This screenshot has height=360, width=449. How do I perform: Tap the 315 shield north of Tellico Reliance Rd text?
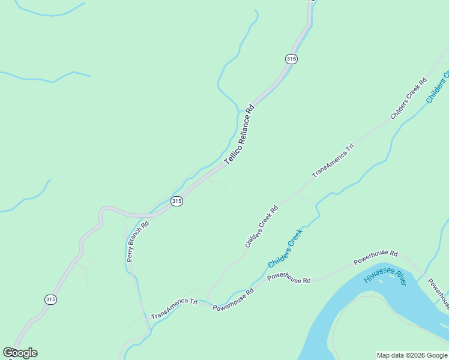291,59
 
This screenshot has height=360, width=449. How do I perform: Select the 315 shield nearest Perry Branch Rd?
176,202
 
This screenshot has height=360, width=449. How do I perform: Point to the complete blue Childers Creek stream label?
286,248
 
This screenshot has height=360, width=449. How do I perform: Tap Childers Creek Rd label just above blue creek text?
262,227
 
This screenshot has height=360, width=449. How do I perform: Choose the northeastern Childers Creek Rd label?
408,98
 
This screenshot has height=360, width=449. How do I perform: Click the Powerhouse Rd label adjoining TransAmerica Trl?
234,302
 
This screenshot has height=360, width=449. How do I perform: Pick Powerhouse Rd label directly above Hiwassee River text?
376,257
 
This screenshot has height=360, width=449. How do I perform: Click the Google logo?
20,353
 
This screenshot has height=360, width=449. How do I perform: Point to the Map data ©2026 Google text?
412,355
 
